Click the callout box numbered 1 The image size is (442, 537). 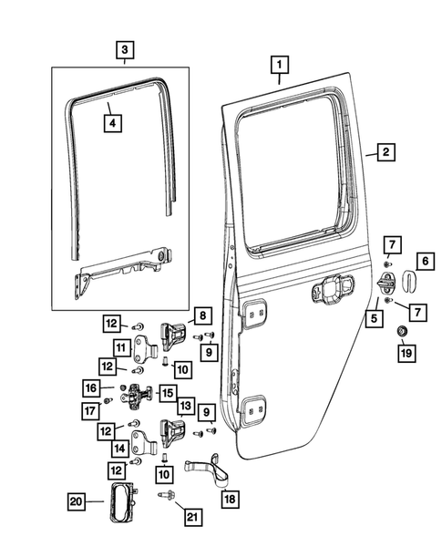(x=280, y=66)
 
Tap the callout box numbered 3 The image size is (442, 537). (x=125, y=49)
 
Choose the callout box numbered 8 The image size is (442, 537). (x=201, y=317)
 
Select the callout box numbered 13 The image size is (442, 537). (x=186, y=404)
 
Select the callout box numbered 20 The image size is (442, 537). (x=77, y=499)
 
